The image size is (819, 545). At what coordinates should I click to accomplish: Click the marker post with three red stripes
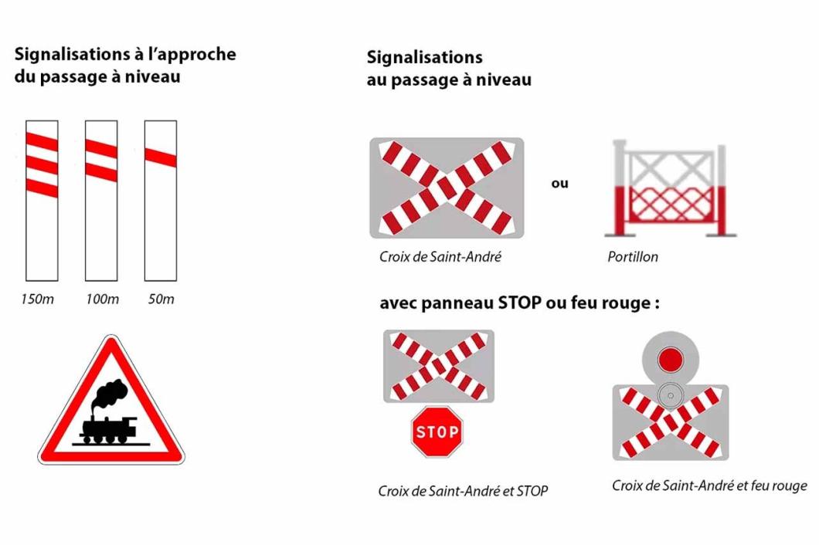[42, 200]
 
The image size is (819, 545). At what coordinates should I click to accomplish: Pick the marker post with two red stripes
[101, 200]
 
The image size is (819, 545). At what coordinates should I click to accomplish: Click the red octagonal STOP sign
[437, 432]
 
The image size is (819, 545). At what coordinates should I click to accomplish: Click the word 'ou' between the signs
[559, 184]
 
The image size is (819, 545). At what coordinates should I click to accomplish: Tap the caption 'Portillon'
[633, 257]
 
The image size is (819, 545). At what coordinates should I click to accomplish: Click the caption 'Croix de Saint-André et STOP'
[463, 491]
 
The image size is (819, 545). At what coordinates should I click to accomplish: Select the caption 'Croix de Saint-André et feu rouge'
[709, 486]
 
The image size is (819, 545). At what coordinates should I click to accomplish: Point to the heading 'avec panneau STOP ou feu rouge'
[519, 303]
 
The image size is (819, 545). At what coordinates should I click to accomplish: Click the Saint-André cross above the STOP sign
[438, 366]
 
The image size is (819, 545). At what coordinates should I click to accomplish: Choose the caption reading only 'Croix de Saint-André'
[440, 257]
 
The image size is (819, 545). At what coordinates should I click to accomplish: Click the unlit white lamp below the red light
[670, 395]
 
